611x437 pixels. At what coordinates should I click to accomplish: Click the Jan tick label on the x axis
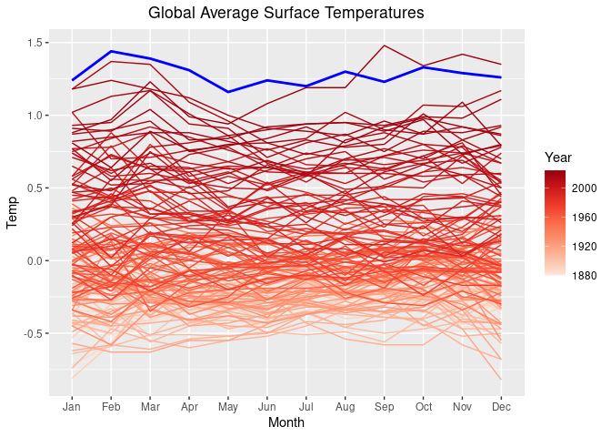[x=72, y=405]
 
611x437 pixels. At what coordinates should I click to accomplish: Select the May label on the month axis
[x=228, y=405]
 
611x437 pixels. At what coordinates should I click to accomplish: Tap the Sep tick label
[x=385, y=405]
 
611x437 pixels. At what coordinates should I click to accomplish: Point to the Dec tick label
[x=501, y=405]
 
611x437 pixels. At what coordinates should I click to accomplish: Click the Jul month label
[x=306, y=405]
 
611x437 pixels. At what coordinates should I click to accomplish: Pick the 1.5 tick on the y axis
[x=37, y=43]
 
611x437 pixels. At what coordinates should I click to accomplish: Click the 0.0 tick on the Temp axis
[x=37, y=261]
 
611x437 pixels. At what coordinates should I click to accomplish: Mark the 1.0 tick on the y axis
[x=37, y=116]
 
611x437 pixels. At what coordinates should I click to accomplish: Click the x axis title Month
[x=285, y=423]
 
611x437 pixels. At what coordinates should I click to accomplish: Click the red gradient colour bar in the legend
[x=555, y=222]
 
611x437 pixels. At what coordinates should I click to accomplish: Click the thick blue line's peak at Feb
[x=111, y=51]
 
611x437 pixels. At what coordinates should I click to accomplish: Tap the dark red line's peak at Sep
[x=385, y=46]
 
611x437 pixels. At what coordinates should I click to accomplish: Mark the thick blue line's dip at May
[x=228, y=92]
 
